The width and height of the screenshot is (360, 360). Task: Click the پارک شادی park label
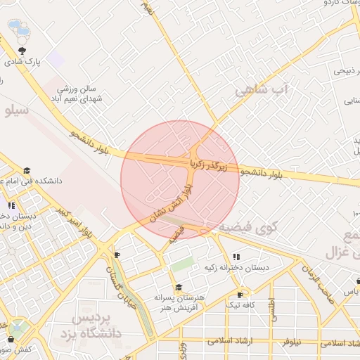(24, 62)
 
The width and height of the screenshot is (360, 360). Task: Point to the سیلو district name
(15, 111)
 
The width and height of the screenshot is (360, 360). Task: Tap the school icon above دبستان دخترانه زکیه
(236, 257)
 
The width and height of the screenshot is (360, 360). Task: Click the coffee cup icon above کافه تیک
(240, 295)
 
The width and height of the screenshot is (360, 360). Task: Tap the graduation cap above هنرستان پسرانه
(179, 287)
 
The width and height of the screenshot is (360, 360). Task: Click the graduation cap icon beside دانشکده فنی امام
(27, 171)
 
